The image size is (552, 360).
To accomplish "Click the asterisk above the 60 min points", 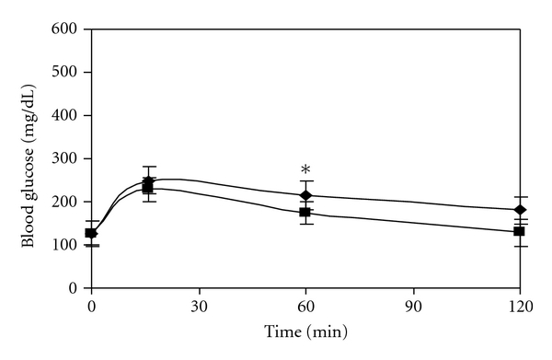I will [x=305, y=170].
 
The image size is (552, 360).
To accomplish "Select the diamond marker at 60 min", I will [x=305, y=195].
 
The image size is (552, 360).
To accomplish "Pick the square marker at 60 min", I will [x=305, y=212].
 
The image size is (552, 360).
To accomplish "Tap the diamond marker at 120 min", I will [x=520, y=210].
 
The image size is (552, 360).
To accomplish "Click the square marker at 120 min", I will [x=520, y=231].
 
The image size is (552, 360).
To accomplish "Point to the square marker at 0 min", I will [x=91, y=233].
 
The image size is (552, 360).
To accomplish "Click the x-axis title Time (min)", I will [x=305, y=330].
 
